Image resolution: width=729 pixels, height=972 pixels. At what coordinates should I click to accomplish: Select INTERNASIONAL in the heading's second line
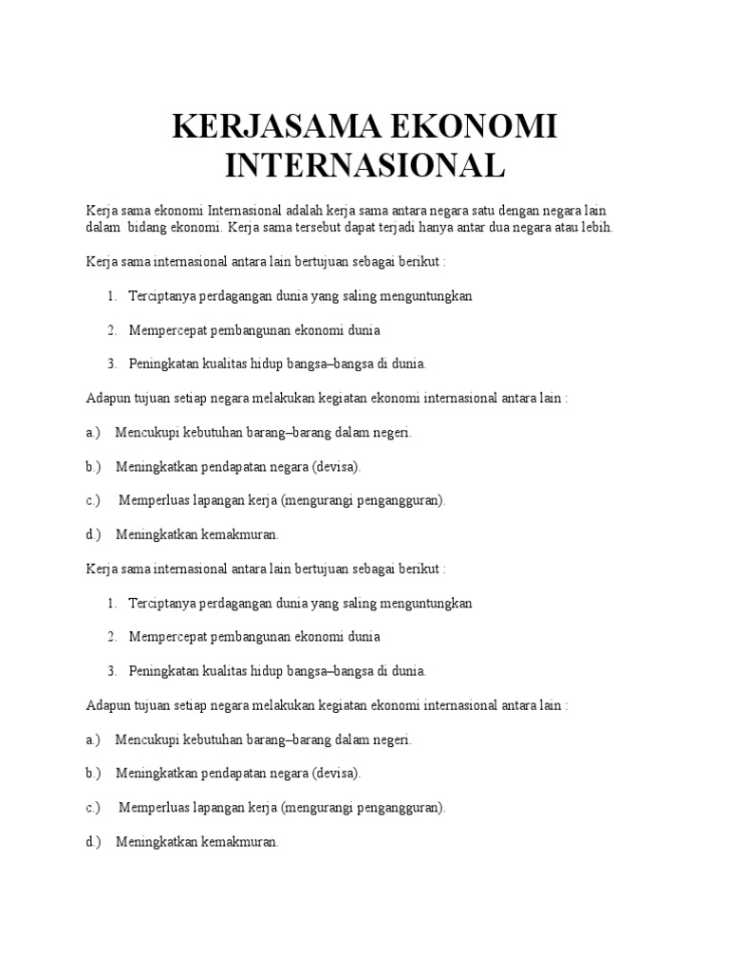364,166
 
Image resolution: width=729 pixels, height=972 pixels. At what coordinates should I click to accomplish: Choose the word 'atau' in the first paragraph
565,228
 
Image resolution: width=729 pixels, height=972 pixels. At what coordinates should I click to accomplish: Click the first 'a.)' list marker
93,433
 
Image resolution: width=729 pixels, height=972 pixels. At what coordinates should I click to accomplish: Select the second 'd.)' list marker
93,842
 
